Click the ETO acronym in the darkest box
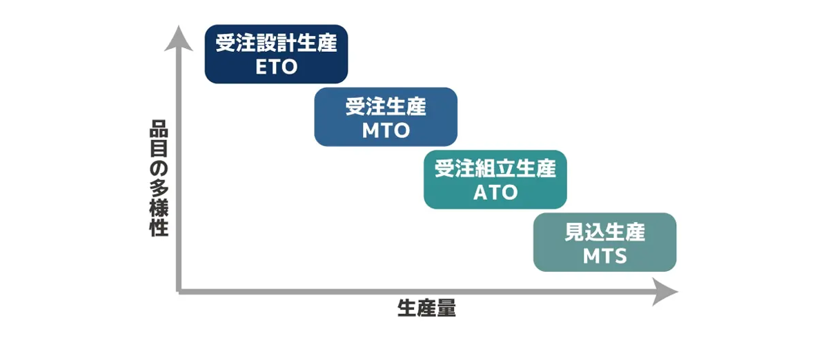[276, 67]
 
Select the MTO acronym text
[386, 130]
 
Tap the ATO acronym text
[495, 192]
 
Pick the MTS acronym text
[604, 255]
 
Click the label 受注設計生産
[276, 43]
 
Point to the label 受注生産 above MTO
[386, 106]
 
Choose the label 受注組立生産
[495, 168]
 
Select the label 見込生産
[604, 232]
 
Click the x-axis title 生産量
[427, 308]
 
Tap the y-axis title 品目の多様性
[159, 178]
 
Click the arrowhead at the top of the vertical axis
[179, 39]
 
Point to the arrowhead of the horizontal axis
[665, 292]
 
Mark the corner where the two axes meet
[179, 292]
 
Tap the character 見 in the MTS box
[575, 232]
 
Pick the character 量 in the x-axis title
[446, 308]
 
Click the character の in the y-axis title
[159, 168]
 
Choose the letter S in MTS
[620, 255]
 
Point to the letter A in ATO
[480, 192]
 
